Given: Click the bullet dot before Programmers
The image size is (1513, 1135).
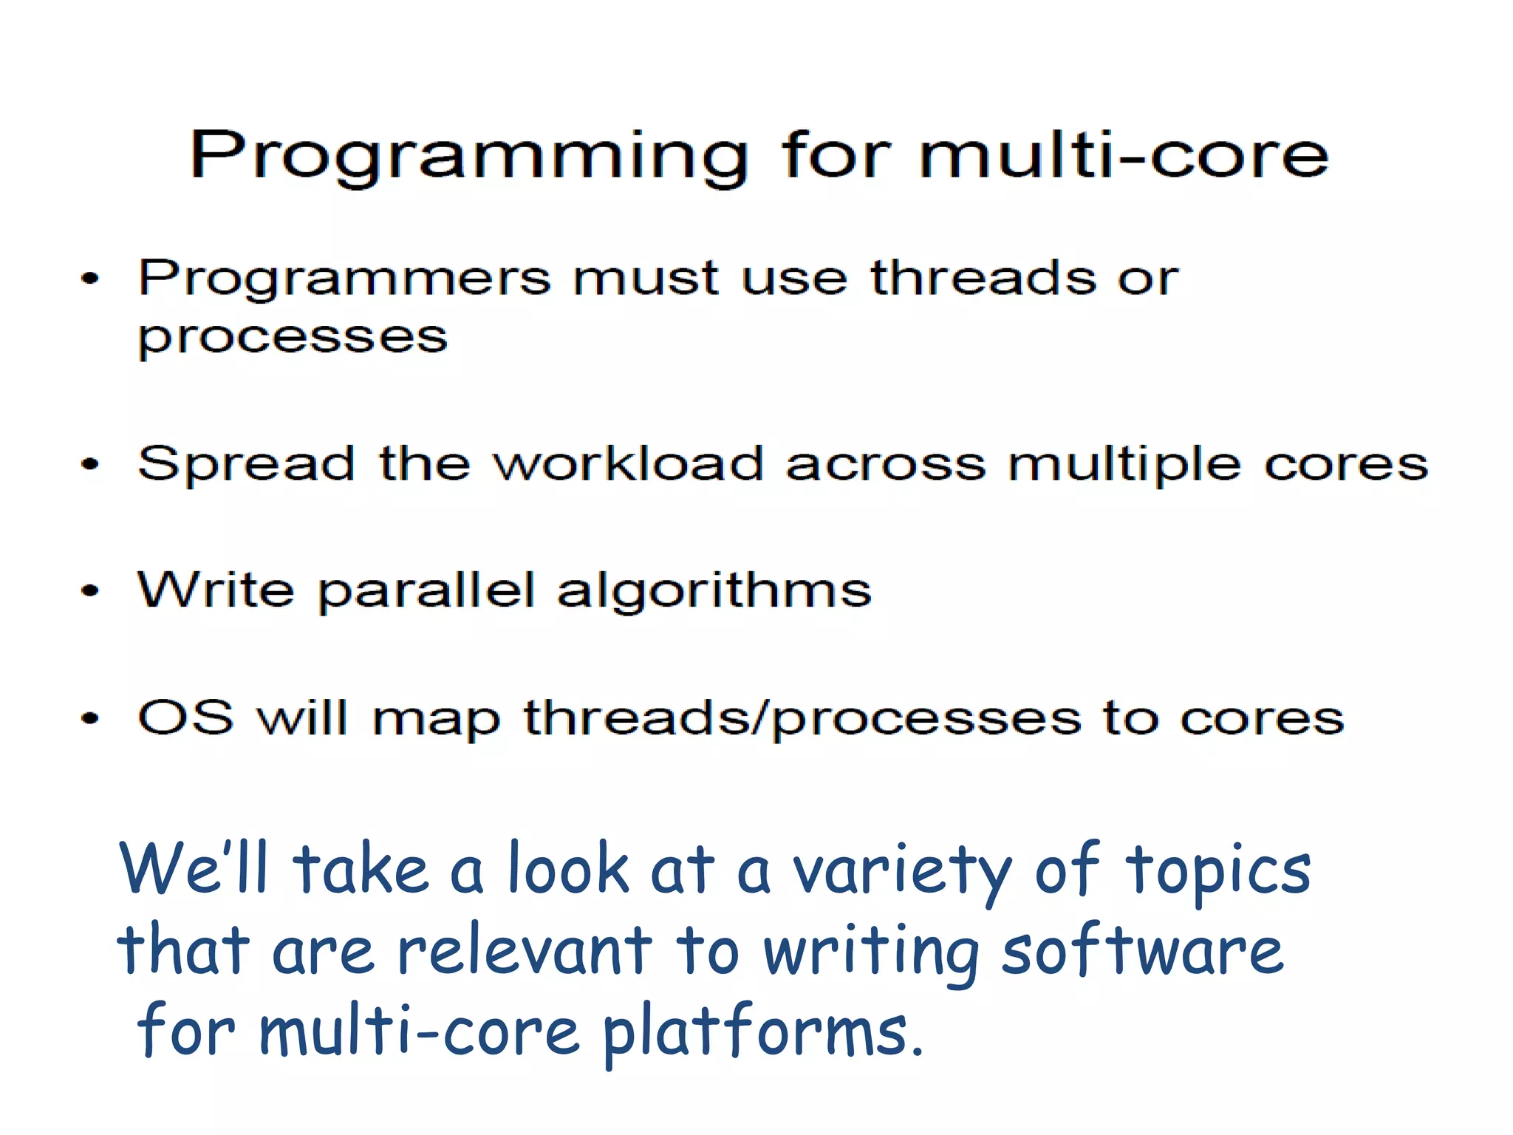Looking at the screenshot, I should tap(89, 279).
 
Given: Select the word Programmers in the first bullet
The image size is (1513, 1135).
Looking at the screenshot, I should tap(344, 279).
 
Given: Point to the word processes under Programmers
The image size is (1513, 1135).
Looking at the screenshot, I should tap(293, 338).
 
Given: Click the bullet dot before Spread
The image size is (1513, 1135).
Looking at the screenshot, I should tap(89, 465).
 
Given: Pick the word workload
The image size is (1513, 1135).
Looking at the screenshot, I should tap(628, 464).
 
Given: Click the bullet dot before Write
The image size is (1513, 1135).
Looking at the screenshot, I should tap(89, 591).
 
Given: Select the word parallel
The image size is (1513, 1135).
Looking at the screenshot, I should tap(426, 591).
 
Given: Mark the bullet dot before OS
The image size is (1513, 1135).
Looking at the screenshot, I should tap(89, 718).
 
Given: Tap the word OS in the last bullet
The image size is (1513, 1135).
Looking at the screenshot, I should tap(186, 717).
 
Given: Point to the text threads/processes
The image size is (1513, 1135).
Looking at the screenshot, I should tap(802, 718).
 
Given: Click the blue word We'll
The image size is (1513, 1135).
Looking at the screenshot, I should tap(194, 869).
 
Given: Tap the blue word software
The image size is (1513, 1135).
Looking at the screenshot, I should tap(1142, 952).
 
